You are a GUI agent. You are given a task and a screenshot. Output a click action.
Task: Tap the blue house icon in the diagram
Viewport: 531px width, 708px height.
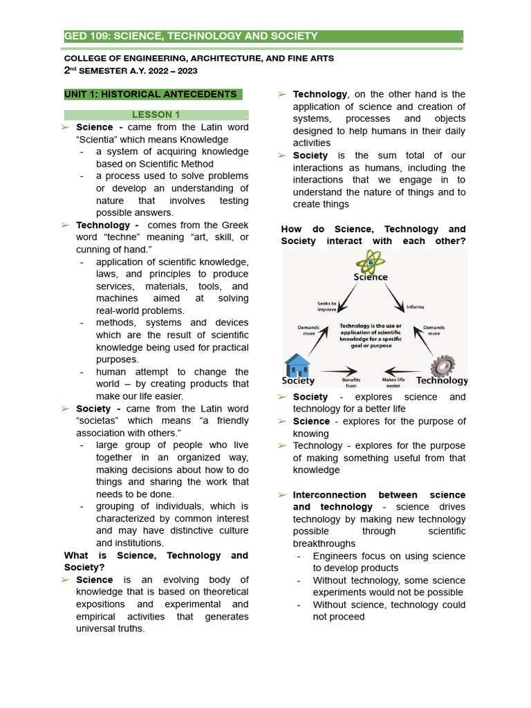pos(297,365)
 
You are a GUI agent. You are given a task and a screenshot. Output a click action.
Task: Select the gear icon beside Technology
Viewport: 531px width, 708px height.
pos(442,365)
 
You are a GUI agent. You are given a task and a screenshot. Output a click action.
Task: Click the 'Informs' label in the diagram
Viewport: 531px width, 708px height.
pos(416,307)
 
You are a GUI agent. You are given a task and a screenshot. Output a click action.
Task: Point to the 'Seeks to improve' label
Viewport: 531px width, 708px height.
pos(326,306)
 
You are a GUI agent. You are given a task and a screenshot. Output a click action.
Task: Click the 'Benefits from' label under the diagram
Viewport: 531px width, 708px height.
pos(351,382)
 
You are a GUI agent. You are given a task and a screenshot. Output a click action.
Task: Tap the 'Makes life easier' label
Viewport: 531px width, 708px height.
pos(393,382)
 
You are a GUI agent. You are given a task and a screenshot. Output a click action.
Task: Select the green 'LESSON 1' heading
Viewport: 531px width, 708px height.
pos(156,115)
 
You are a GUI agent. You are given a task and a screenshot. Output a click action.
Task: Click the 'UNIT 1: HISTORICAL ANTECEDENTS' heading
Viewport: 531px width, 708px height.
pos(150,94)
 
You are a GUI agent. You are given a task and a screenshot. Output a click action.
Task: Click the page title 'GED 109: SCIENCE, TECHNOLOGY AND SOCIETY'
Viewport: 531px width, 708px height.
pos(192,36)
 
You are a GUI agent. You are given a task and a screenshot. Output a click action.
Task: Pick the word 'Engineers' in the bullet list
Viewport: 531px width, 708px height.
pos(336,556)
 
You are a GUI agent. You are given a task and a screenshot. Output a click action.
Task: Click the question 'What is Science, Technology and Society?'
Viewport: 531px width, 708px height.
pos(156,561)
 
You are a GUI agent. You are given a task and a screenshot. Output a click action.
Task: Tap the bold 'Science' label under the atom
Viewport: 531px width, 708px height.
pos(371,277)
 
